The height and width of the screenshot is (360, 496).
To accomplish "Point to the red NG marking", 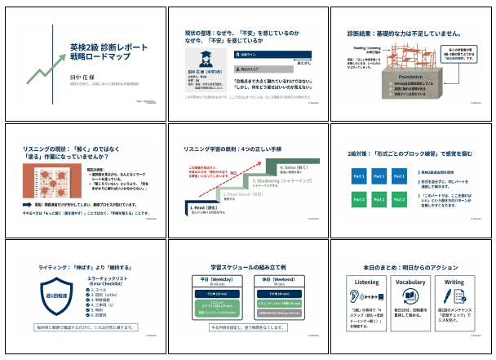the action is click(x=233, y=172).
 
